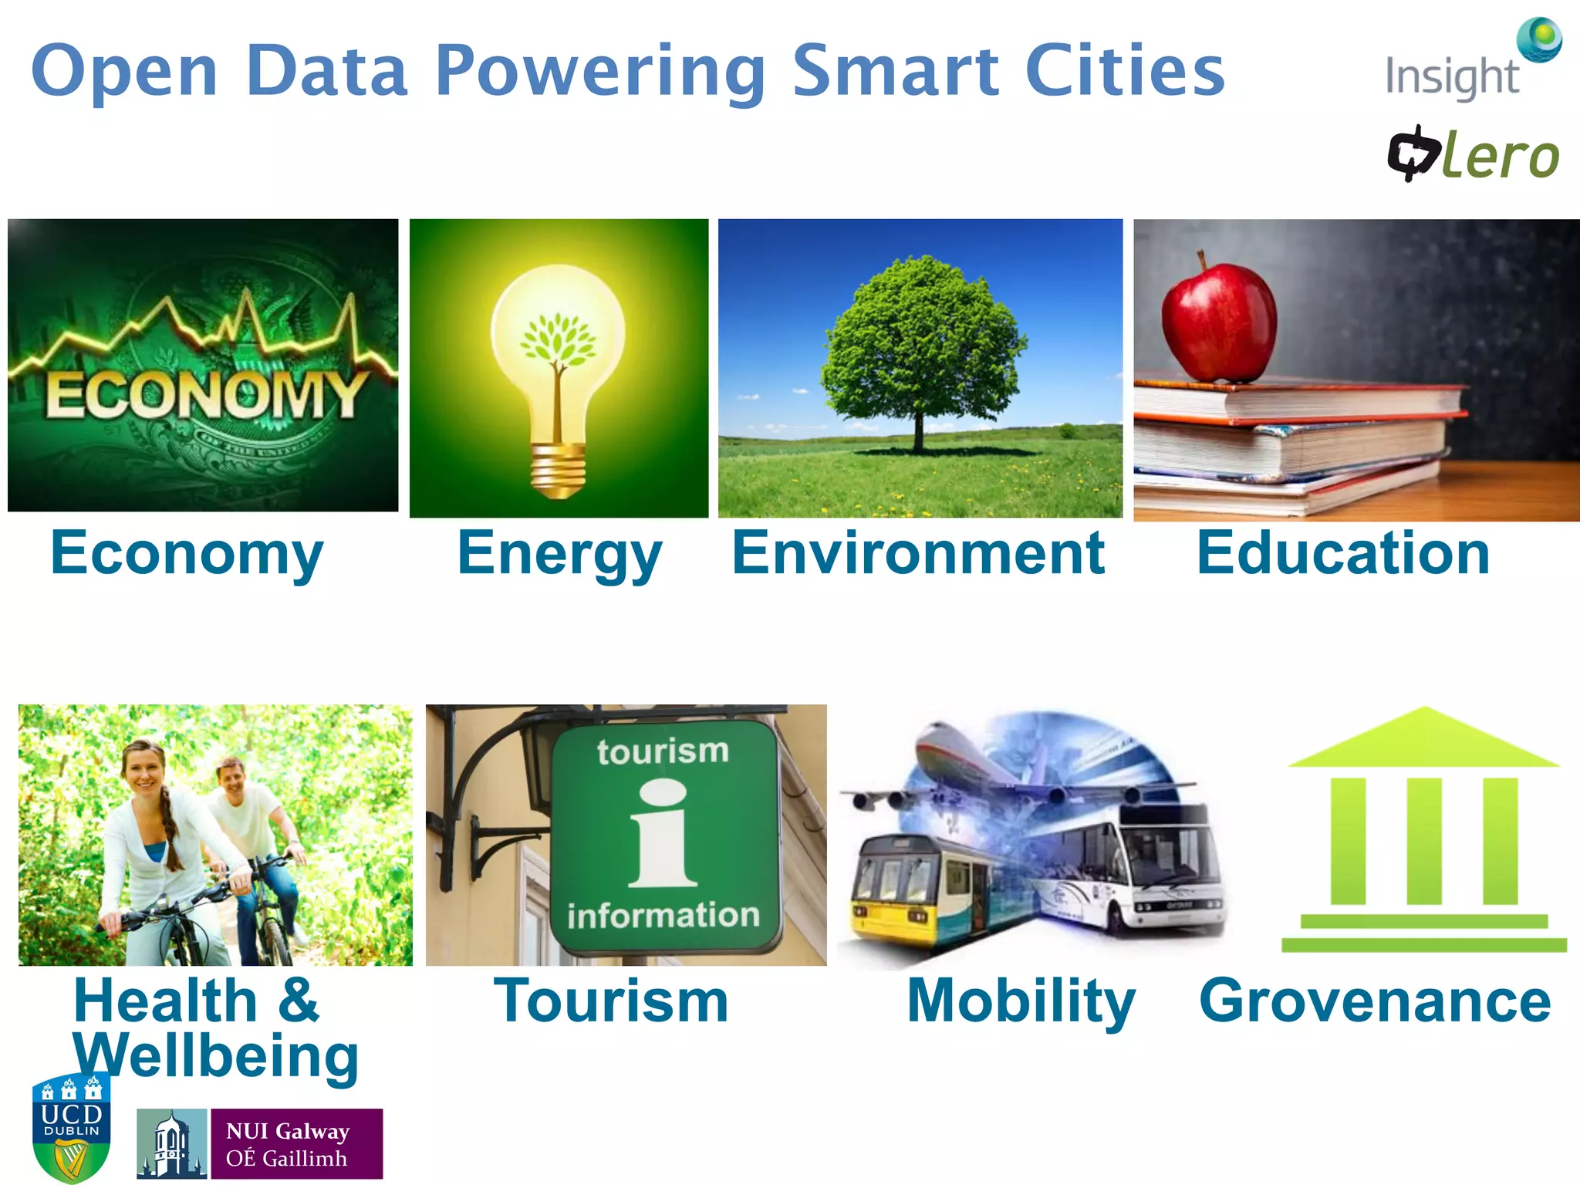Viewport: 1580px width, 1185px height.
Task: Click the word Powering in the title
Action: point(600,72)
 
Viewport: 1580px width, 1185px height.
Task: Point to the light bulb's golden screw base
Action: point(557,470)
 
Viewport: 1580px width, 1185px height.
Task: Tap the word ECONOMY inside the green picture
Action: point(204,395)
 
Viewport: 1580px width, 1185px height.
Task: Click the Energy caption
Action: point(559,555)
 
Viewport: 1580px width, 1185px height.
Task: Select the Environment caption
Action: point(918,553)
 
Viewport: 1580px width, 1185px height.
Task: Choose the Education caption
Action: point(1343,553)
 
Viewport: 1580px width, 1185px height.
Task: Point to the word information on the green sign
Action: point(663,916)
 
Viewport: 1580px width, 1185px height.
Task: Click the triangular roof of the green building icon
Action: point(1424,741)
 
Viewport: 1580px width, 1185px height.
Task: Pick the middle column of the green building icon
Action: point(1424,841)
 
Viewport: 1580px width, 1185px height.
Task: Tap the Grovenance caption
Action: point(1375,1001)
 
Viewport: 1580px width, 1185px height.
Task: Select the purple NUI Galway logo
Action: point(296,1143)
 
